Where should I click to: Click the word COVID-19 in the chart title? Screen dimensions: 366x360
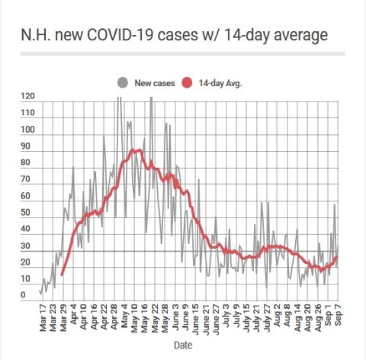(x=120, y=34)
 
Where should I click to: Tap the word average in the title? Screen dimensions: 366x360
(x=300, y=36)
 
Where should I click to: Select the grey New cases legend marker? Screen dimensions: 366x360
(x=123, y=83)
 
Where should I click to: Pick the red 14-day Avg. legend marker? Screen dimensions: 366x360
(x=187, y=83)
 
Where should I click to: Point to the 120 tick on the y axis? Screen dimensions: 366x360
(x=27, y=96)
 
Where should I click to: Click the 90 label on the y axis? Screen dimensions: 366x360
(x=25, y=146)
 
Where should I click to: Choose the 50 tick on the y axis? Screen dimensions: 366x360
(x=25, y=212)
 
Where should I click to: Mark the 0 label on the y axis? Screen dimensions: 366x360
(x=23, y=295)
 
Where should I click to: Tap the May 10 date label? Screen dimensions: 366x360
(x=134, y=318)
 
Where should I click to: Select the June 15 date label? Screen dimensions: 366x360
(x=195, y=319)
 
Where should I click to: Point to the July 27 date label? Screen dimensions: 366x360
(x=267, y=318)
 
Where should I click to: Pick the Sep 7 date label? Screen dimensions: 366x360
(x=338, y=315)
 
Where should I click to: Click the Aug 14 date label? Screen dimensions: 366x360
(x=297, y=318)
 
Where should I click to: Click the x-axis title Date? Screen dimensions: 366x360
(x=183, y=345)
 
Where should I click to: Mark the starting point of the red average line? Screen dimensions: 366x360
(x=62, y=275)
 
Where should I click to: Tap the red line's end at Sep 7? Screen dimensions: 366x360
(x=337, y=257)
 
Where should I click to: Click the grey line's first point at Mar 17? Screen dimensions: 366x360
(x=40, y=291)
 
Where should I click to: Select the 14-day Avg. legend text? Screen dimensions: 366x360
(x=220, y=83)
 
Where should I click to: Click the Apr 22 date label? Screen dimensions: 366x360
(x=104, y=318)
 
